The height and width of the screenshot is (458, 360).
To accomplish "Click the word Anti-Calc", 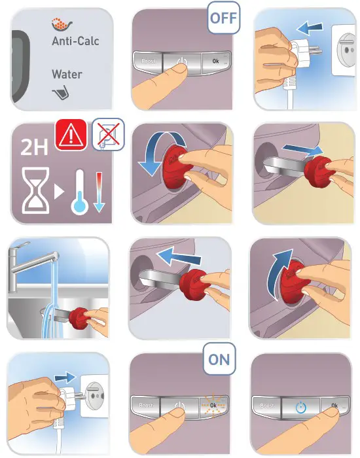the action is click(x=75, y=41).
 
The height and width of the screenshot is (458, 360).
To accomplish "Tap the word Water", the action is click(x=67, y=74).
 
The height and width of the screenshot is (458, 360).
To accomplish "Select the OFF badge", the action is click(x=224, y=18).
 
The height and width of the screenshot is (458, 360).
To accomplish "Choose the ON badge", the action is click(x=219, y=359).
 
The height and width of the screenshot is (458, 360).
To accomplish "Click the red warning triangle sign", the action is click(x=71, y=135).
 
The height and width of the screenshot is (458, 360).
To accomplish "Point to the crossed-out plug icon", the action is click(x=109, y=134).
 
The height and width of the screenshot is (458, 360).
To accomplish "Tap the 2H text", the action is click(x=34, y=147).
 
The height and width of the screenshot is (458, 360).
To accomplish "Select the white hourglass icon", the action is click(x=35, y=190).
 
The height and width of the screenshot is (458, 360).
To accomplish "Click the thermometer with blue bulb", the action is click(x=79, y=192).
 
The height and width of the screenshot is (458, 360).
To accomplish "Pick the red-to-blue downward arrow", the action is click(x=99, y=192).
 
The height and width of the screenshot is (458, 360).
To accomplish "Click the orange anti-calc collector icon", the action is click(x=62, y=24).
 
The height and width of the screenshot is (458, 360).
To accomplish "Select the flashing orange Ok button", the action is click(x=213, y=405).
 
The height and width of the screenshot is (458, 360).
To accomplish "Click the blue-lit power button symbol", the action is click(x=300, y=408).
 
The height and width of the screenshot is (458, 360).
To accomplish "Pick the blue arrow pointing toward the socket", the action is click(x=65, y=377).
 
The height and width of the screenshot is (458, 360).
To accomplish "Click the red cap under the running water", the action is click(x=78, y=319).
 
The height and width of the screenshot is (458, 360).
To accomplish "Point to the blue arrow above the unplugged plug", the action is click(x=310, y=27).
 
